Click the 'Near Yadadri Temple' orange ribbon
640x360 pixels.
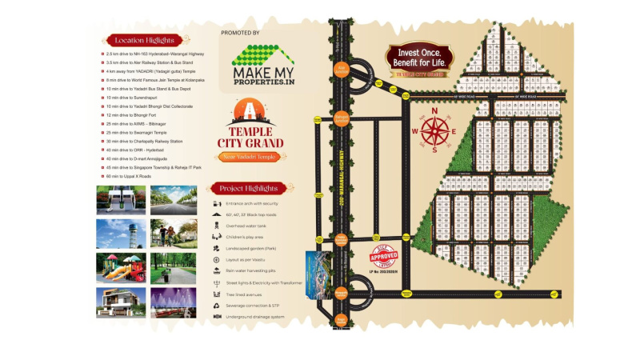(250, 157)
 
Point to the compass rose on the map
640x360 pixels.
(434, 129)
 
